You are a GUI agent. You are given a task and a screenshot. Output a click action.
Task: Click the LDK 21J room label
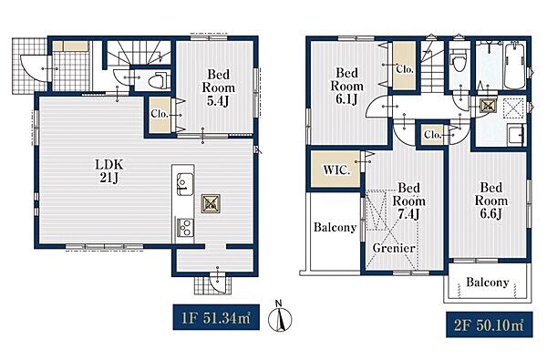pos(109,171)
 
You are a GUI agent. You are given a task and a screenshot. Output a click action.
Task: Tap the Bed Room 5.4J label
pos(219,87)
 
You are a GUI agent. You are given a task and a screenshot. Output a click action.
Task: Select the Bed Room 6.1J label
pos(346,87)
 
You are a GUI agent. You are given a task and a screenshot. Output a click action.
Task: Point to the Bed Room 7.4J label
pos(408,201)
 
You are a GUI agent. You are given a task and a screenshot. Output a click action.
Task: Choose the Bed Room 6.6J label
pos(491,201)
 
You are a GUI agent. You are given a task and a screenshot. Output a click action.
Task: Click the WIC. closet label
pos(336,170)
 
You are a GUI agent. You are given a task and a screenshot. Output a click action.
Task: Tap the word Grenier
pos(394,248)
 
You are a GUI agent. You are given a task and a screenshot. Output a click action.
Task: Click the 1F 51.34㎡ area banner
pos(216,317)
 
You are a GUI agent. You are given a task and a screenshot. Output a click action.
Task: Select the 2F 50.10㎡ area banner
pos(490,324)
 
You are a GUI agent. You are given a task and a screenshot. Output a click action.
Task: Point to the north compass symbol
pos(280,316)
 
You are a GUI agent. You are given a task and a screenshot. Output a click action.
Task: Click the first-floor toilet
pos(159,81)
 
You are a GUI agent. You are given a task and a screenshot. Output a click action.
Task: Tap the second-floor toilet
pos(459,60)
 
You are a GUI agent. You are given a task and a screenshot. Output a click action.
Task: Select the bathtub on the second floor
pos(515,66)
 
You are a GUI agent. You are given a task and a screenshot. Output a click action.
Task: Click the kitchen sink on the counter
pos(184,184)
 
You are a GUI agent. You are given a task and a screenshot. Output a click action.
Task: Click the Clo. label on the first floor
pos(160,114)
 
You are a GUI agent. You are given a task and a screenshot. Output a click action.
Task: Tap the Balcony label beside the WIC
pos(335,228)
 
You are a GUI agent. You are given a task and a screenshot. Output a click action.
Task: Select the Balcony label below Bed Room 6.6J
pos(488,282)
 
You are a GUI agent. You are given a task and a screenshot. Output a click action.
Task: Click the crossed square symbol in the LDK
pos(211,204)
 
